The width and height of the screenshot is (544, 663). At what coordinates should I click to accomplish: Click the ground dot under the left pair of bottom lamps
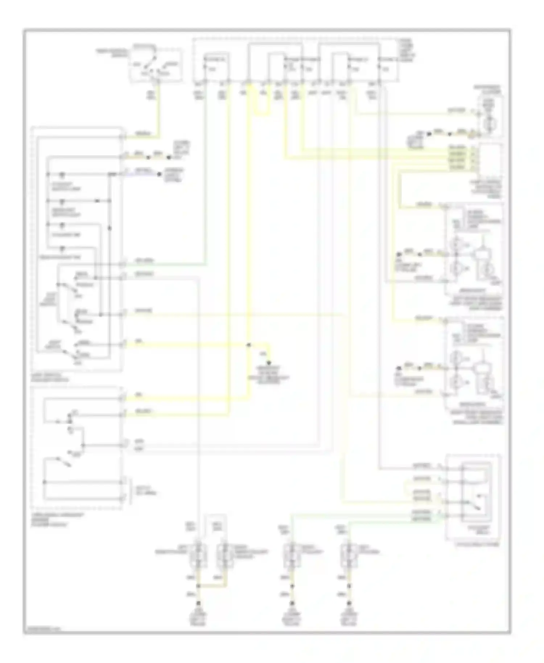(198, 603)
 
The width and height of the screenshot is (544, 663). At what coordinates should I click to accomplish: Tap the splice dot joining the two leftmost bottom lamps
(198, 586)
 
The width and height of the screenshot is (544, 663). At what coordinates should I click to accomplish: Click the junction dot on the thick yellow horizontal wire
(249, 345)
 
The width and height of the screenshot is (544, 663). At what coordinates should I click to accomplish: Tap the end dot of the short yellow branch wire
(269, 362)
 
